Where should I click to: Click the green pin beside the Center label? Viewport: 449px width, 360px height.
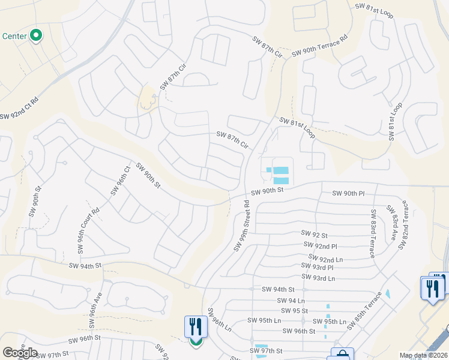point(36,36)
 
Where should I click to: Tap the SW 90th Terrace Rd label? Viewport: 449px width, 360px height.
point(320,46)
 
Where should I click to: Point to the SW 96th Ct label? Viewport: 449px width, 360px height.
point(120,181)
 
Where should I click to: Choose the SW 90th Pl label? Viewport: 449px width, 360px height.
point(348,193)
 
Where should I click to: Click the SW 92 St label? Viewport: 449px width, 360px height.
point(315,235)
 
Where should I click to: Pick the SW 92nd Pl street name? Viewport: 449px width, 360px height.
point(321,246)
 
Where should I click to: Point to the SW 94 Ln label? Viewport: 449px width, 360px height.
point(291,300)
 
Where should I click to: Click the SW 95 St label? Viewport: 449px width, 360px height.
point(294,311)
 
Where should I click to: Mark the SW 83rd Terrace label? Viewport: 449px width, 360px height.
point(373,233)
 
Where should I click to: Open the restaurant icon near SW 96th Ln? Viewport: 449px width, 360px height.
point(196,328)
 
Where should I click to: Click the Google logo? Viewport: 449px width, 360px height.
point(20,353)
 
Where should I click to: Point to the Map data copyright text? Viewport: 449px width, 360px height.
point(423,355)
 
